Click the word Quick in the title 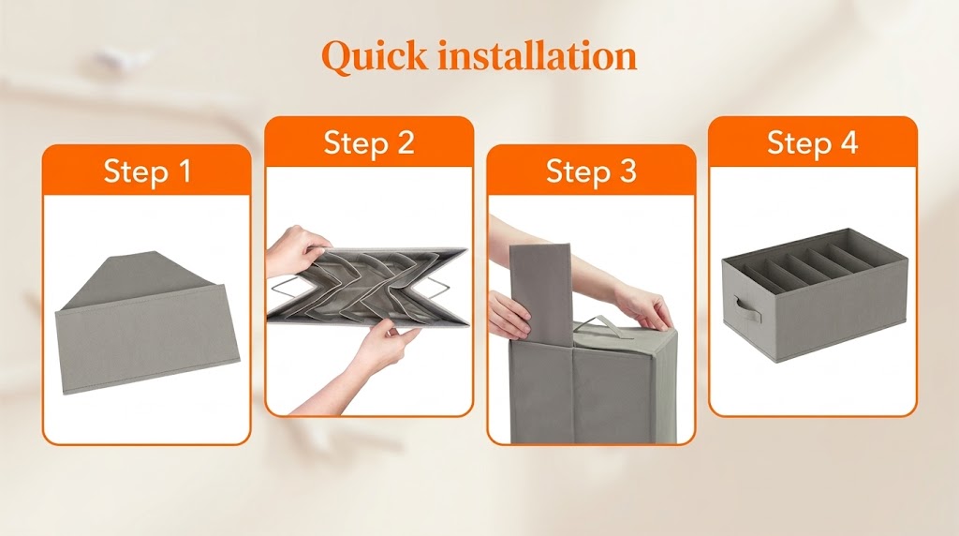pyautogui.click(x=375, y=57)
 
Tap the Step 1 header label pyautogui.click(x=147, y=171)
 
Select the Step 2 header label pyautogui.click(x=369, y=142)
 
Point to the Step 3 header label pyautogui.click(x=591, y=171)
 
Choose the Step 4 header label pyautogui.click(x=812, y=142)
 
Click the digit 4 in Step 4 pyautogui.click(x=848, y=142)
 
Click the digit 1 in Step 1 pyautogui.click(x=184, y=171)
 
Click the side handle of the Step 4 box pyautogui.click(x=748, y=310)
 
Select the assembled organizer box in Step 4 pyautogui.click(x=814, y=295)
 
